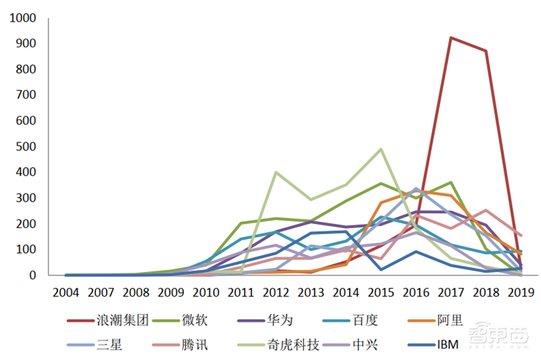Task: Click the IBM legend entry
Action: point(446,344)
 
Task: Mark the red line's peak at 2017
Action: point(451,38)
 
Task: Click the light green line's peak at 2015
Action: point(381,149)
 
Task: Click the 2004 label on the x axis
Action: point(66,292)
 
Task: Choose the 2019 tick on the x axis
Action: point(521,292)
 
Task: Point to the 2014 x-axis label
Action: point(346,292)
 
